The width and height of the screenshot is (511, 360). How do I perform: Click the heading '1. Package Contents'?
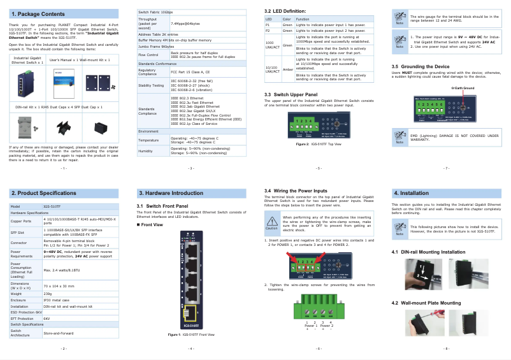[38, 13]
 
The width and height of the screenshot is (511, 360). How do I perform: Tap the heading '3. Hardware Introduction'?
[171, 192]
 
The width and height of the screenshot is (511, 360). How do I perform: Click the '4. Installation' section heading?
[410, 192]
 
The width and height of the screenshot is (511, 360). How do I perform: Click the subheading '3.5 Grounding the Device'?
[420, 66]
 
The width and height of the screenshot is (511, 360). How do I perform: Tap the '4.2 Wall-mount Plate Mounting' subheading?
[426, 302]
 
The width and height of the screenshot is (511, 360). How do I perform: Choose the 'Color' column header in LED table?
[287, 19]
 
